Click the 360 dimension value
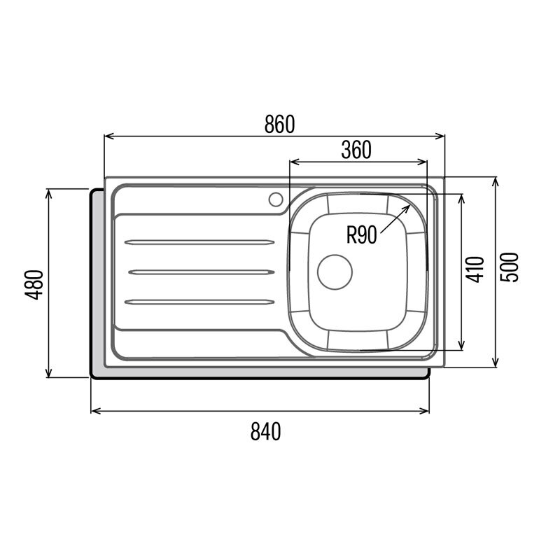point(356,150)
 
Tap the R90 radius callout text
point(361,234)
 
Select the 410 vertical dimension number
point(475,269)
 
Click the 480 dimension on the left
point(34,284)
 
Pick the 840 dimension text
point(265,432)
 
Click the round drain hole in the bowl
point(335,272)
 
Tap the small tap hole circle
point(275,198)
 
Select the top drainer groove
point(199,242)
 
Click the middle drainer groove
point(199,272)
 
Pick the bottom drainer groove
point(199,302)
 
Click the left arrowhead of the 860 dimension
point(107,136)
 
